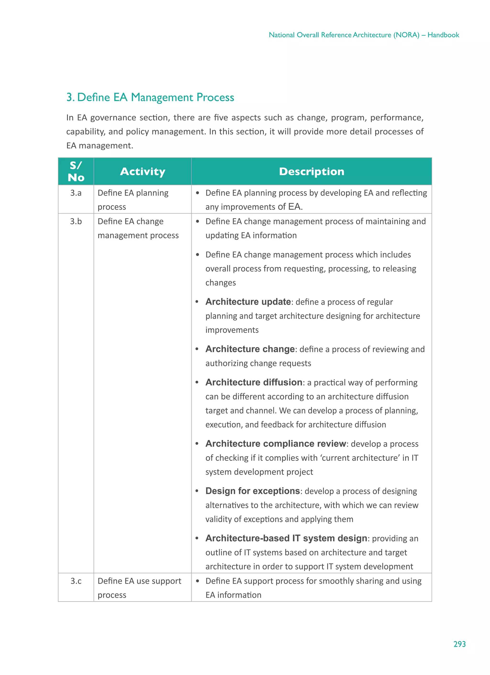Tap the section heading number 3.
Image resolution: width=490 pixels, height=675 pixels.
69,97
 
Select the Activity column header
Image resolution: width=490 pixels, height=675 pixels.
142,171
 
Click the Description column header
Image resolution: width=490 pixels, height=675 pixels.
311,171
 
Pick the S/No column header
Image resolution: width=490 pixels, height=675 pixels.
76,171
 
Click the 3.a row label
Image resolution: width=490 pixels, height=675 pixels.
76,193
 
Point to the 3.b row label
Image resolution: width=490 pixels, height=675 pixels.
76,221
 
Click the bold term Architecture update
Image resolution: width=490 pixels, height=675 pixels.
248,302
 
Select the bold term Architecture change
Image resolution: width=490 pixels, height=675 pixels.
250,349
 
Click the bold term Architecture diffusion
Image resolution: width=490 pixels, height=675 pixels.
254,382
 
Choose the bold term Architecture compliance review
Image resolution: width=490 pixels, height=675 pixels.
276,444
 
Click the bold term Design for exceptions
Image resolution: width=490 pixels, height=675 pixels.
252,491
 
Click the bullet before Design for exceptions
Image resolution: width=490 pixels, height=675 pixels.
197,491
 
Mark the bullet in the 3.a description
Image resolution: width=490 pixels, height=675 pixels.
197,193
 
